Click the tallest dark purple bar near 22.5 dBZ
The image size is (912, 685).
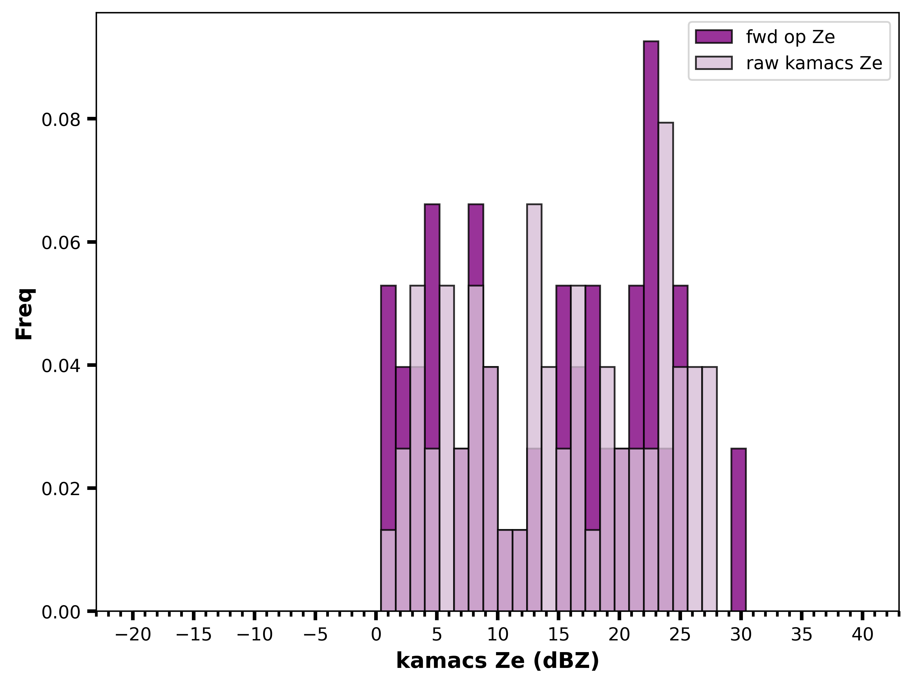point(651,326)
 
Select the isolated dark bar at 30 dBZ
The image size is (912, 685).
point(739,530)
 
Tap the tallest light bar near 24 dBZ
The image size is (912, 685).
point(666,367)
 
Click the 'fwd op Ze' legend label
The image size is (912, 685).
point(790,37)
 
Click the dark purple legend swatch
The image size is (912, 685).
point(714,37)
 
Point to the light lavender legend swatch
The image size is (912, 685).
point(714,63)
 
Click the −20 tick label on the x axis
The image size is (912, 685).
point(133,635)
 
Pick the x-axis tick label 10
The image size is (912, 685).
point(498,635)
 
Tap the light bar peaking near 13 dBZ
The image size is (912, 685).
point(534,408)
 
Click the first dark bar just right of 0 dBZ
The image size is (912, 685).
point(388,448)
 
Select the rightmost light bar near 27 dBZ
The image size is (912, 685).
point(710,489)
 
